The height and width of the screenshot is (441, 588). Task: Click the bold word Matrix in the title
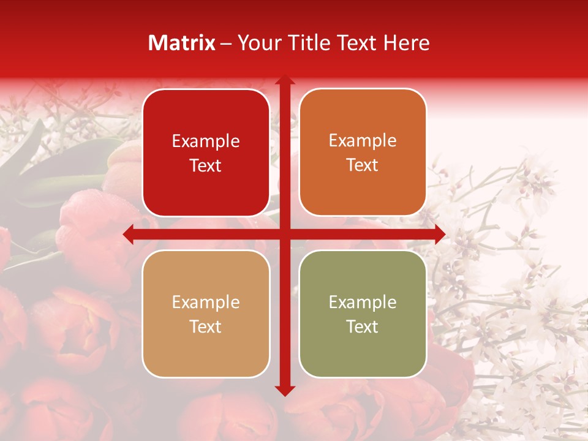coord(182,43)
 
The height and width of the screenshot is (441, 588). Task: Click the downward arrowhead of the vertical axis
coord(284,390)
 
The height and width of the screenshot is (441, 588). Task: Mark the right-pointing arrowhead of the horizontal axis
coord(439,235)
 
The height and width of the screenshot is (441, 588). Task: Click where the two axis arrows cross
coord(284,235)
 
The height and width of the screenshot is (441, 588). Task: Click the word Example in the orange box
coord(363,141)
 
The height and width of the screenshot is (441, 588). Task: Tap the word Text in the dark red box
coord(206,166)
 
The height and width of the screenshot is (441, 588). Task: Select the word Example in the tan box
coord(206,303)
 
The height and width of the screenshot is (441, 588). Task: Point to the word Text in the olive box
coord(363,327)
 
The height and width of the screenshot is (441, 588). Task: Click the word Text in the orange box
coord(363,165)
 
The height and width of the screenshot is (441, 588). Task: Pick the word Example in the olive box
coord(363,303)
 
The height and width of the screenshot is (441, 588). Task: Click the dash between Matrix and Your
coord(227,43)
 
